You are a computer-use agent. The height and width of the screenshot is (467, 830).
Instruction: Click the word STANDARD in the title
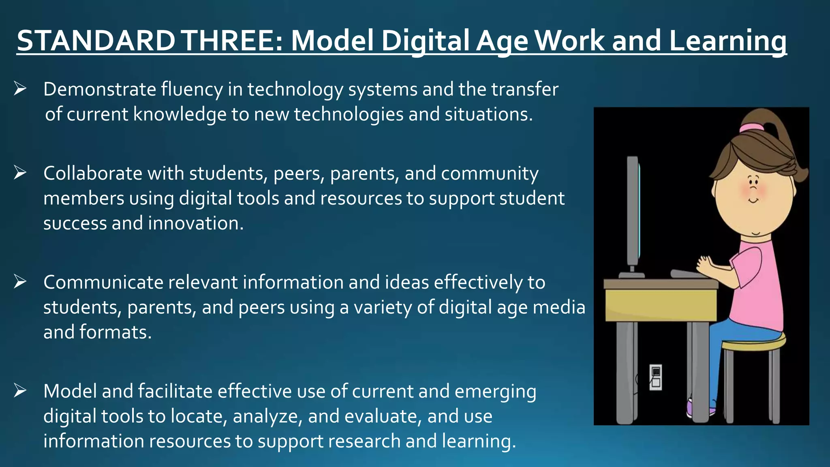[96, 41]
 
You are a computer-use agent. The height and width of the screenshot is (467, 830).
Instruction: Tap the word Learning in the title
[727, 41]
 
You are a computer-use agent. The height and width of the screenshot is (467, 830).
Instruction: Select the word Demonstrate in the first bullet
[100, 90]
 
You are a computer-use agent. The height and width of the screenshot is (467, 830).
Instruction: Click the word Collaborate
[93, 174]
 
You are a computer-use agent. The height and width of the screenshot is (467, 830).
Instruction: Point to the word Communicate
[103, 283]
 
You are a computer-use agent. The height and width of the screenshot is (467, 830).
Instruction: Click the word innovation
[196, 223]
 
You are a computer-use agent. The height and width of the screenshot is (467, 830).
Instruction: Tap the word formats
[116, 332]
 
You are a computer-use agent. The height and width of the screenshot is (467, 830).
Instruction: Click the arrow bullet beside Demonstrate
[20, 88]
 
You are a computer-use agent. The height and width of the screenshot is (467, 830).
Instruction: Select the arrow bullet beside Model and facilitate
[20, 390]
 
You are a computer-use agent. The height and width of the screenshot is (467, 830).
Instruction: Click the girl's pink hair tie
[751, 128]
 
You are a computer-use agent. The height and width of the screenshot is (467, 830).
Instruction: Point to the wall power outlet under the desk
[656, 377]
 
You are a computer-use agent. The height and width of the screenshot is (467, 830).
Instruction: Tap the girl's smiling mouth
[753, 200]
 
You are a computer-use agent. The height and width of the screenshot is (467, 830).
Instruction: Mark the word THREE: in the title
[233, 41]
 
